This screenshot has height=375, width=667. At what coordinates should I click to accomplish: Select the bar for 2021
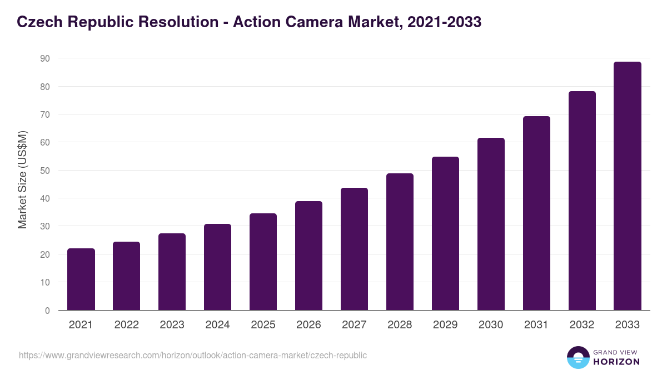pos(81,279)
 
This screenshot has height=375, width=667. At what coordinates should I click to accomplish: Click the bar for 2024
pos(217,267)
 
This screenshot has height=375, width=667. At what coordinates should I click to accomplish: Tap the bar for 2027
pos(354,249)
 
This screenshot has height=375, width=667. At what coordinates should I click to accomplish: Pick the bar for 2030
pos(491,224)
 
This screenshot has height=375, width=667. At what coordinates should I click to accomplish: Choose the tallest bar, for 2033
pos(628,186)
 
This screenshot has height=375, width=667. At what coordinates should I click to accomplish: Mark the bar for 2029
pos(445,233)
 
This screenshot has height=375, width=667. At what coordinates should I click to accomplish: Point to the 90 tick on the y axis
pos(44,58)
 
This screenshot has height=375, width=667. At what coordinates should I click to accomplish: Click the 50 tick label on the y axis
pos(44,171)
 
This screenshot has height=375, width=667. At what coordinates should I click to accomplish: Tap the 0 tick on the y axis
pos(47,311)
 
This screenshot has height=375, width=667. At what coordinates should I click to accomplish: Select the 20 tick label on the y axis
pos(44,254)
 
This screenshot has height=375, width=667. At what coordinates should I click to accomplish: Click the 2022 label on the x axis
pos(126,325)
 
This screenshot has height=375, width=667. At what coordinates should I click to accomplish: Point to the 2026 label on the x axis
pos(308,325)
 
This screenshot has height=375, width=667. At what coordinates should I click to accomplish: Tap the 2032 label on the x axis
pos(582,325)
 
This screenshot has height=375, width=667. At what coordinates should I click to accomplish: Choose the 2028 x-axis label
pos(400,325)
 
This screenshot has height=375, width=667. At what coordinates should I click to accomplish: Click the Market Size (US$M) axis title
pos(22,179)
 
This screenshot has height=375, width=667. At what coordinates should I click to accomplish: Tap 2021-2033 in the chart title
pos(444,22)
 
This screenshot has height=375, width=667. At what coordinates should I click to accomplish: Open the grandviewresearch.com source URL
pos(193,355)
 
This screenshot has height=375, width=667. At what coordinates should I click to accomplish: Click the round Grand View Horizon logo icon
pos(578,358)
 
